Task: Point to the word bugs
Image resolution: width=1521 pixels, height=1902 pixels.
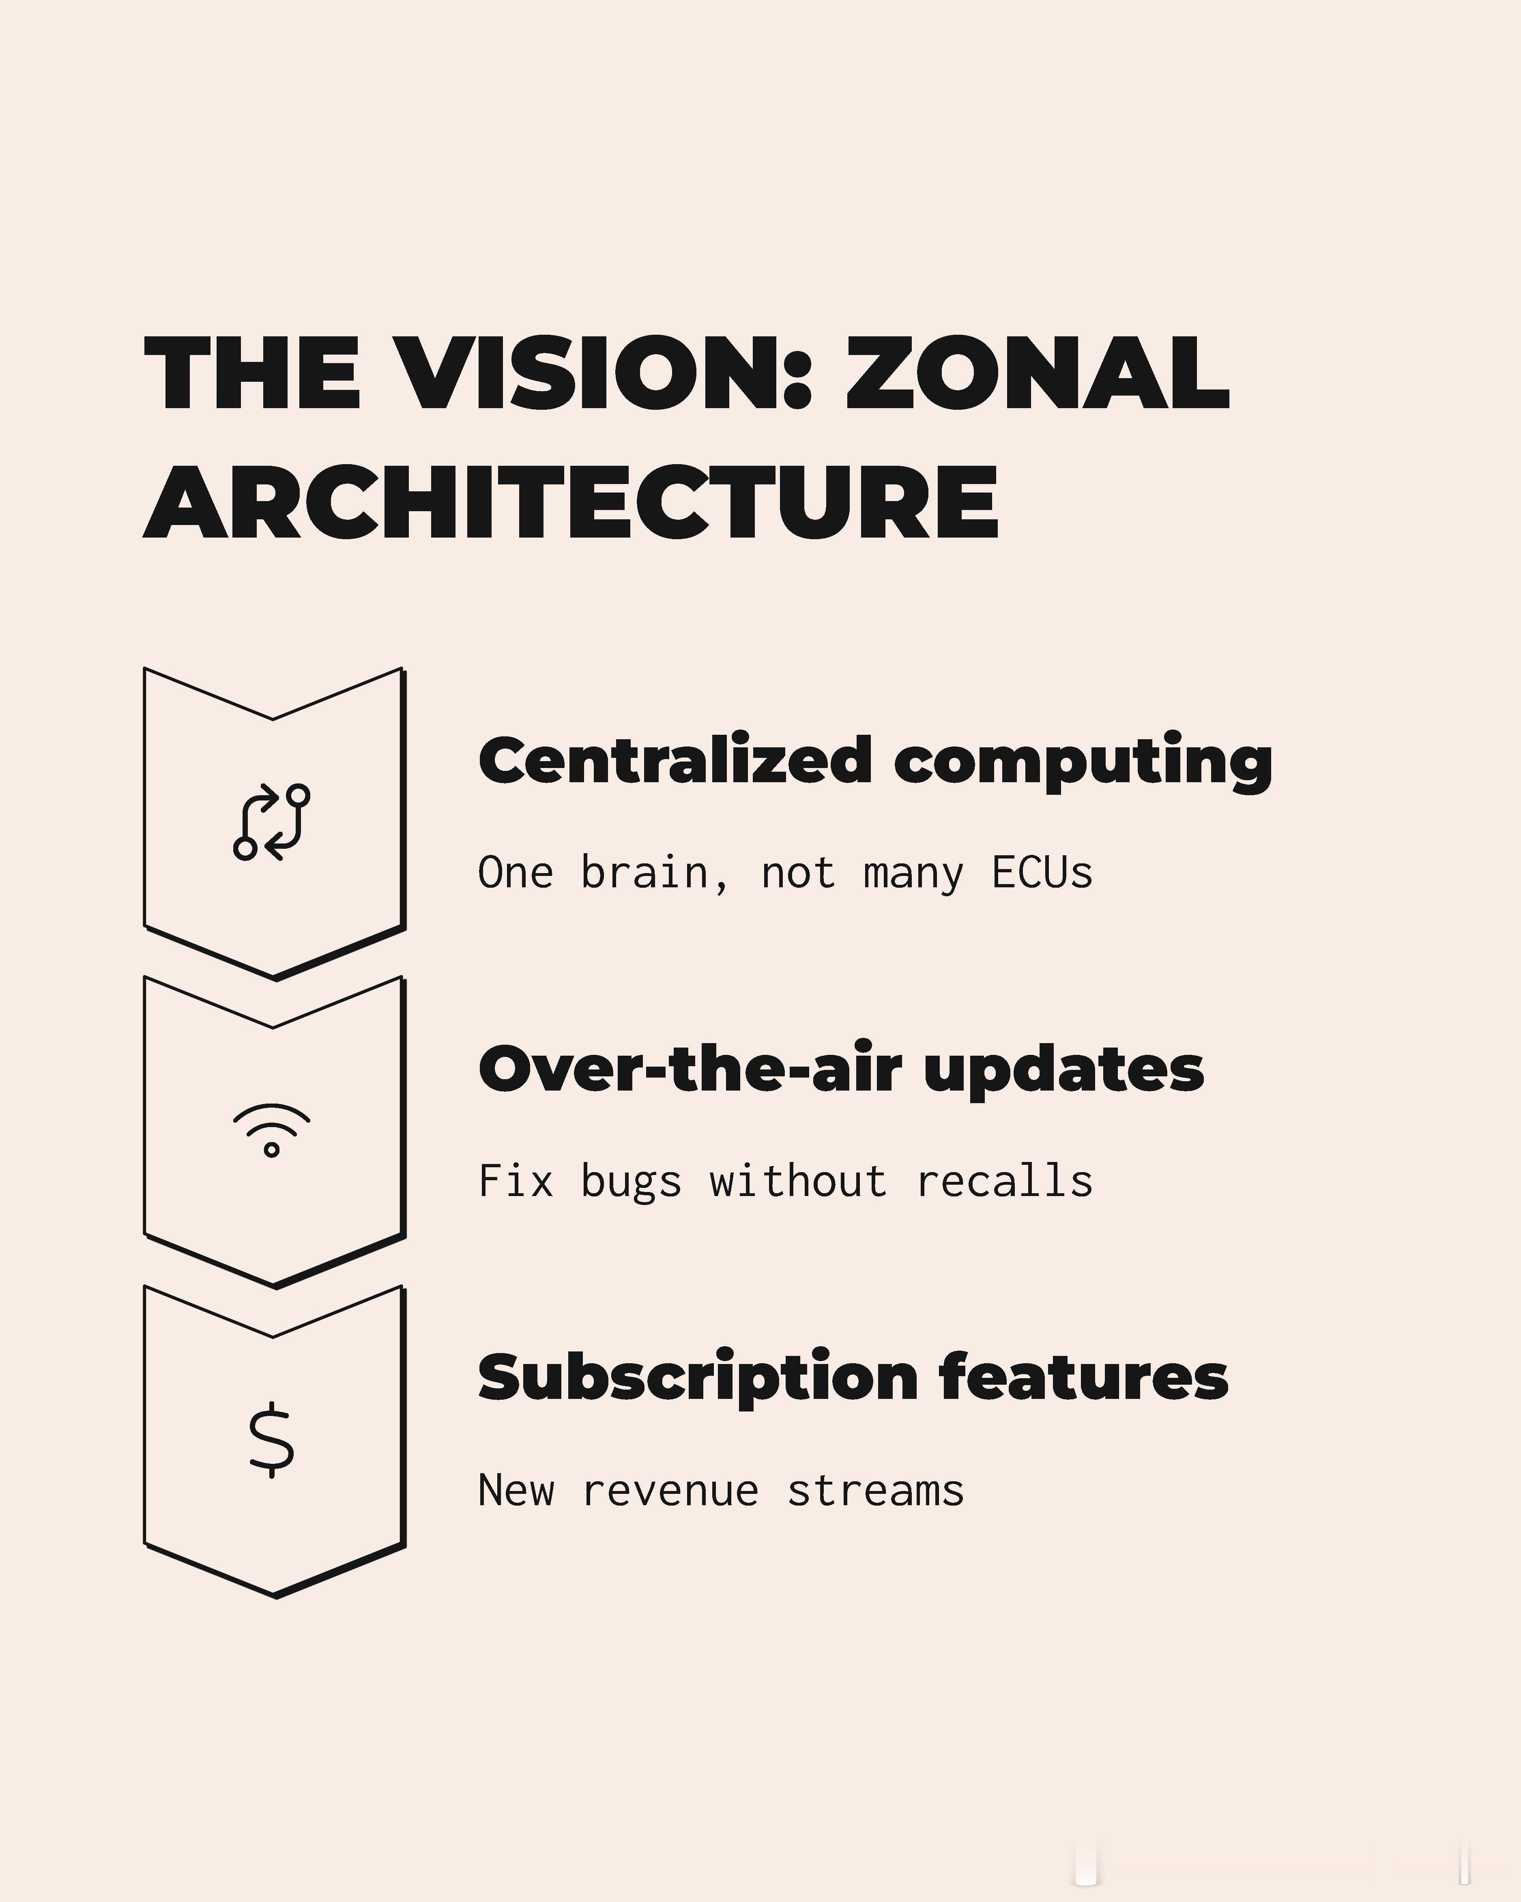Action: (630, 1183)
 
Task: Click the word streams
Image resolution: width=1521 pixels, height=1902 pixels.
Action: (876, 1491)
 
